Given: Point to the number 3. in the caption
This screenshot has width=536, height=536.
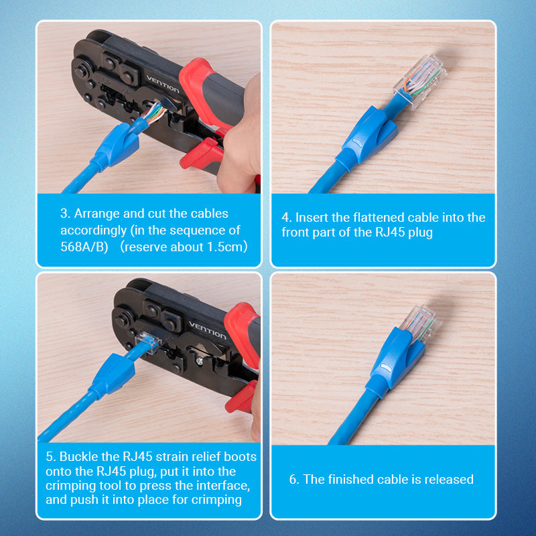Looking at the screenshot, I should pos(65,214).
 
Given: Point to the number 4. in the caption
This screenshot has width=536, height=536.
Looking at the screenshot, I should pos(287,218).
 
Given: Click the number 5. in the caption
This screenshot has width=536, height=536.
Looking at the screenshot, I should pos(50,456).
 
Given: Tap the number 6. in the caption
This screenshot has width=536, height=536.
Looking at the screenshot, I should pos(294,479).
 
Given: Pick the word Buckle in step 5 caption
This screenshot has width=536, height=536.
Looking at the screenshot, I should pos(78,456).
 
